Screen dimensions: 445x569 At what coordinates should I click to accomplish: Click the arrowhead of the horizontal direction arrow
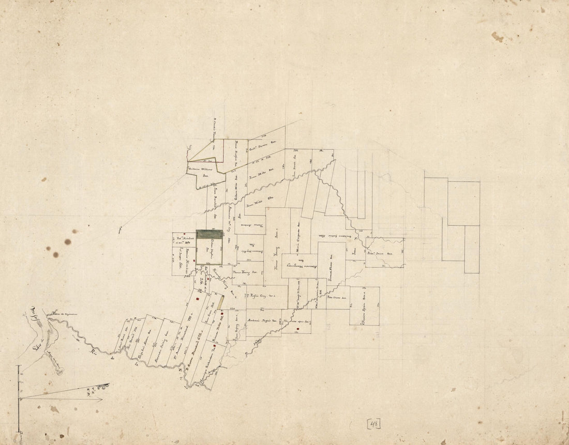click(101, 399)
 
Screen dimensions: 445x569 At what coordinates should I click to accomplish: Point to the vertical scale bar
click(19, 398)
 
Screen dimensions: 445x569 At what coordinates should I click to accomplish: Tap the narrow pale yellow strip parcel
click(220, 302)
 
